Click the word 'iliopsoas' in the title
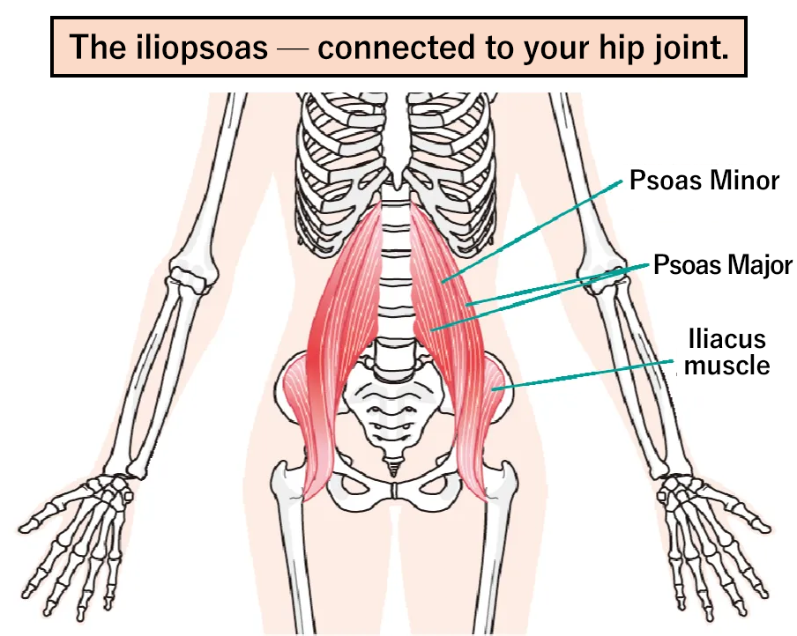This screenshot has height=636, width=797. [202, 48]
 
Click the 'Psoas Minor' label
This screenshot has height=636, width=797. [704, 181]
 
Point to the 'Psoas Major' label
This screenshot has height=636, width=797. [722, 264]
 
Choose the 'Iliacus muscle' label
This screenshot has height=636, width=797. [726, 352]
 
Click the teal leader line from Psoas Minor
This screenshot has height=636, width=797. [532, 231]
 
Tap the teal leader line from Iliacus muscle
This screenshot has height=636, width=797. [583, 375]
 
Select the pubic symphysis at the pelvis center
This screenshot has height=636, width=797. [395, 491]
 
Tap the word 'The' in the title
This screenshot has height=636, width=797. [98, 48]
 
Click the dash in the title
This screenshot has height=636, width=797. [293, 49]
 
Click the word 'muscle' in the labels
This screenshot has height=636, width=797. [726, 366]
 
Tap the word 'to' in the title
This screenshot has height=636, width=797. [500, 48]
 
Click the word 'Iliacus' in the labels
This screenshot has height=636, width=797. [726, 339]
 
